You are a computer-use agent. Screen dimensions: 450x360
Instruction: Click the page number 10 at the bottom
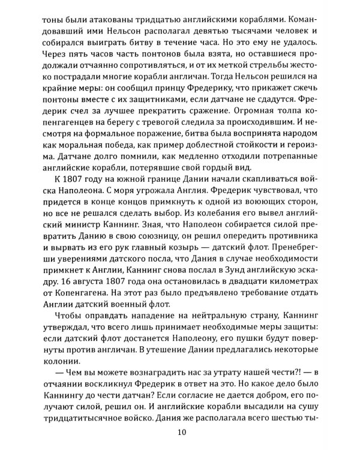180,433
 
